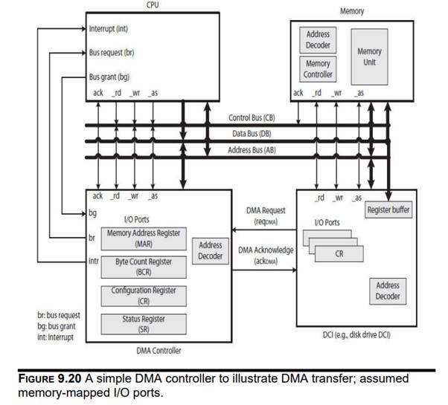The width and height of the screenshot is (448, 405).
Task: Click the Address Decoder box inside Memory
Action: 318,39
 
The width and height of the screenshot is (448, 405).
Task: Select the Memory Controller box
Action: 318,69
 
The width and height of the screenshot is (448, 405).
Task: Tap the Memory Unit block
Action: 369,56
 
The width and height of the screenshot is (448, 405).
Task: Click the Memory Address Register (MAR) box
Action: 144,238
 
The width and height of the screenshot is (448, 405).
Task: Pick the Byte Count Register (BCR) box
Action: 144,266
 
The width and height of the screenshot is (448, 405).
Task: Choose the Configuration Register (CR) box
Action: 144,295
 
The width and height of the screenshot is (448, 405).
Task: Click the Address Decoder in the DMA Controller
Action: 211,250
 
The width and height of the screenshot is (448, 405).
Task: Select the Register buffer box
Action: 388,210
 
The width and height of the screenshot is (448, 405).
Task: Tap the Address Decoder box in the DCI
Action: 388,291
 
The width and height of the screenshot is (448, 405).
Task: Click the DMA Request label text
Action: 266,210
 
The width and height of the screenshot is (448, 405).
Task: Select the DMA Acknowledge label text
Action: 266,250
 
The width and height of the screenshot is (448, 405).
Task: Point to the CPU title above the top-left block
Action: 153,5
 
